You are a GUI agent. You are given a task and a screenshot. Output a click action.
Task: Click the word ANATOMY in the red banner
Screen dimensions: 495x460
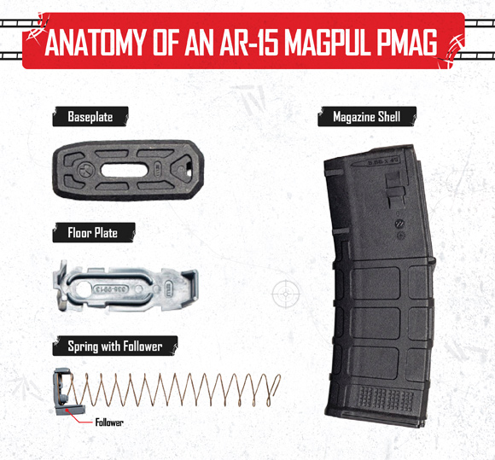pos(96,42)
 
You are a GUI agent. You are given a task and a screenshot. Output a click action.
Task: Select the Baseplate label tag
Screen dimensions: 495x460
pos(90,117)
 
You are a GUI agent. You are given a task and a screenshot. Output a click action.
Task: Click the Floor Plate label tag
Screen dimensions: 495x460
pos(93,233)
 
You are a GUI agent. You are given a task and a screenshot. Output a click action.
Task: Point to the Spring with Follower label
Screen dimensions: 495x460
pos(115,346)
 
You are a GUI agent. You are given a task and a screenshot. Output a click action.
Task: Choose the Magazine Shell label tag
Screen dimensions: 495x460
pos(367,117)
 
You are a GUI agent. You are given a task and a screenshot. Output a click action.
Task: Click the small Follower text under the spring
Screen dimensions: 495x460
pos(109,422)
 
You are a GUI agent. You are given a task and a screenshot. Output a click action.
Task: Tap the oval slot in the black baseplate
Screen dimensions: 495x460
pos(124,171)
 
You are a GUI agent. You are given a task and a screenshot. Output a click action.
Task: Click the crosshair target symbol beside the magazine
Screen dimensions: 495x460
pos(286,294)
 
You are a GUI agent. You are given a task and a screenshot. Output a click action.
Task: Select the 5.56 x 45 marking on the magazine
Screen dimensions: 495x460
pos(383,161)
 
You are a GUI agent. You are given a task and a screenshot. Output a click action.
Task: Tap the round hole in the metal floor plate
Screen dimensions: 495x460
pos(83,288)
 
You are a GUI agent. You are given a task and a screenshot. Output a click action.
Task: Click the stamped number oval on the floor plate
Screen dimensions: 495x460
pos(110,288)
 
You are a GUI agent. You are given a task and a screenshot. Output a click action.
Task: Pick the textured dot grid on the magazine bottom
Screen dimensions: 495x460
pos(386,399)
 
